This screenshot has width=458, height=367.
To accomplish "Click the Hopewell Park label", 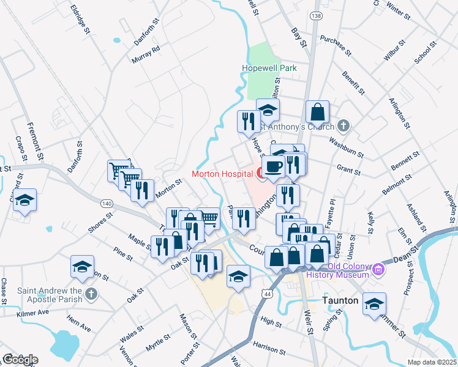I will tap(272, 68).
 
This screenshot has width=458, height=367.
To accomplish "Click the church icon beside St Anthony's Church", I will tap(343, 127).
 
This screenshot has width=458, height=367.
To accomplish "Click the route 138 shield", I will tap(315, 15).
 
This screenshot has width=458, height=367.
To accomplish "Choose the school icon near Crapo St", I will tap(25, 200).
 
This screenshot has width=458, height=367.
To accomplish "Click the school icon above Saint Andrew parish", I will tap(82, 267).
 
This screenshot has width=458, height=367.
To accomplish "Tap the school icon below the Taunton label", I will tap(374, 303).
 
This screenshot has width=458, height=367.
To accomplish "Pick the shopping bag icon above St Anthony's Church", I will tap(318, 112).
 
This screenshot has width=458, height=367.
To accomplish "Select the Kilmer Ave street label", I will tap(34, 312).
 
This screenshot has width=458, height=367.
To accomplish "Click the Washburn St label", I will tap(346, 147).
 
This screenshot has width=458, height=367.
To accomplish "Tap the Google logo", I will tap(20, 359).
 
